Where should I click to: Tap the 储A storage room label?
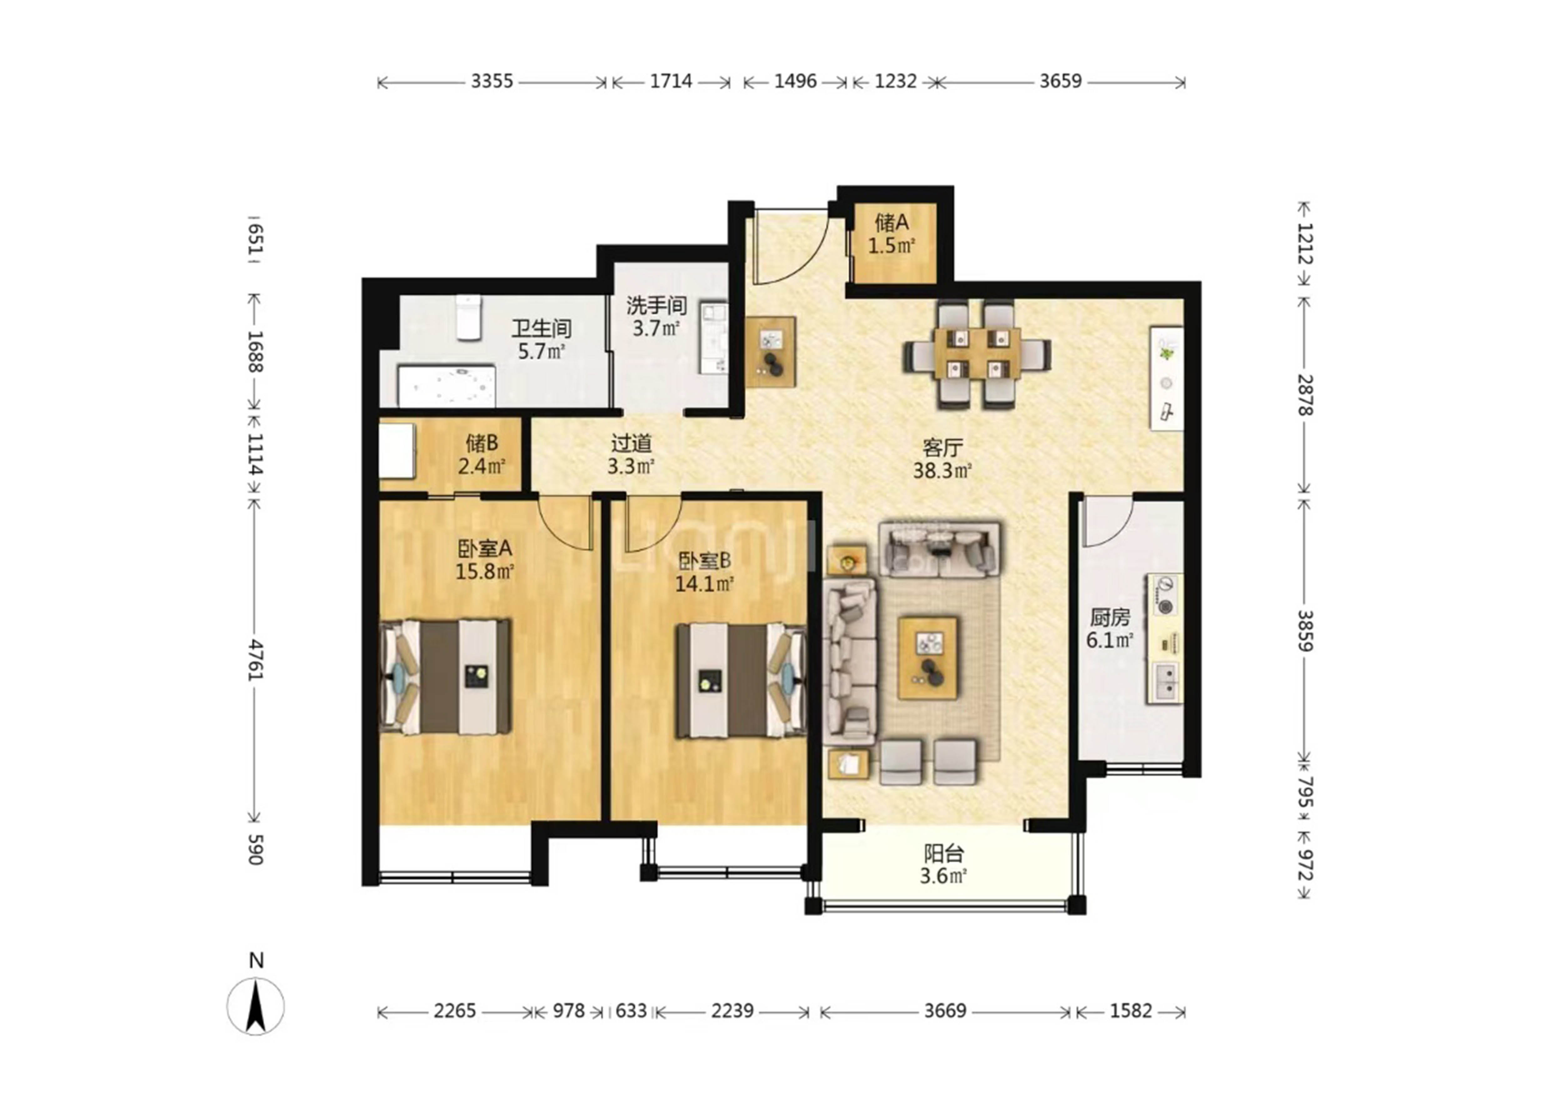coord(892,222)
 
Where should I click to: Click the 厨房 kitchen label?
coord(1110,617)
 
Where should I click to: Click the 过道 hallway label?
coord(631,443)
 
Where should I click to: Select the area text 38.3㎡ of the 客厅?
coord(942,470)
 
